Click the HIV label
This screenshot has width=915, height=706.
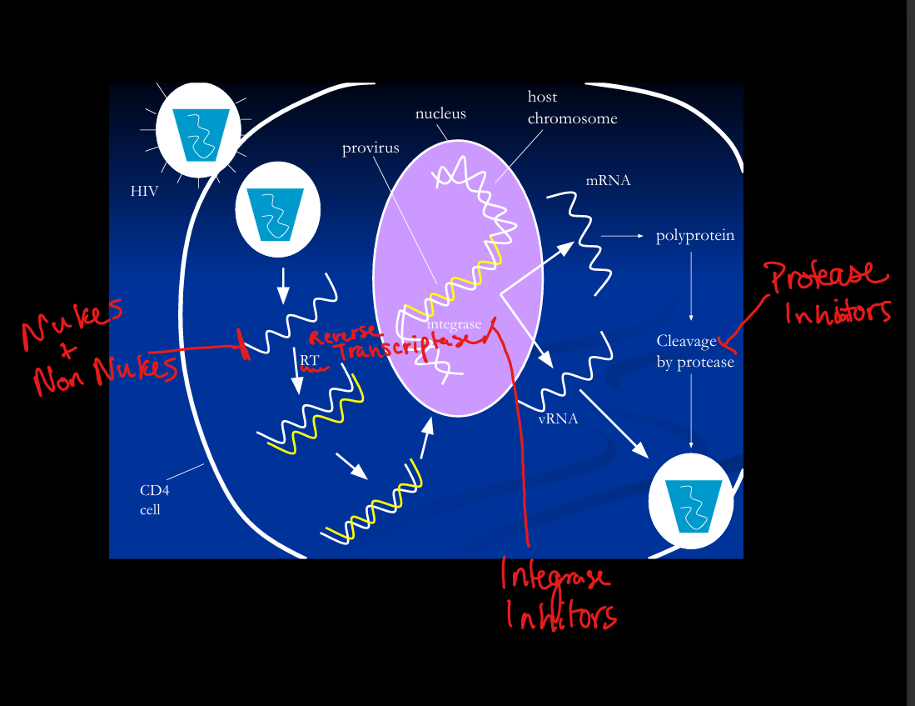144,192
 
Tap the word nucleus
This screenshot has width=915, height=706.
440,114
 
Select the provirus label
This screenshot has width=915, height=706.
370,148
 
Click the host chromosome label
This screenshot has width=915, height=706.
572,108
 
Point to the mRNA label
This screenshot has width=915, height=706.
608,180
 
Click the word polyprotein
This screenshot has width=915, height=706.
695,236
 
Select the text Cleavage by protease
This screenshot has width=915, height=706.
694,352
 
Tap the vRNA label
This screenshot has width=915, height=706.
558,418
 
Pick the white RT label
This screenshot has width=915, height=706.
310,360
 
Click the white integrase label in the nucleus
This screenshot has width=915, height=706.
454,323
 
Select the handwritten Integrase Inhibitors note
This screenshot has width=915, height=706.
558,596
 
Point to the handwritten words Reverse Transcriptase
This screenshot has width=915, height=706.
391,344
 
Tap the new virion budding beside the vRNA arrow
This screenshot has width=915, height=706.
691,502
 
